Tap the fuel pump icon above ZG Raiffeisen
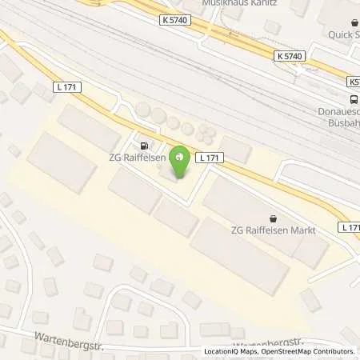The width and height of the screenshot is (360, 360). click(x=144, y=146)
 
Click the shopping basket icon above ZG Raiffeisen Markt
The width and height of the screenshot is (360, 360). click(x=274, y=218)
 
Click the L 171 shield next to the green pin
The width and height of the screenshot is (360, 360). click(x=208, y=157)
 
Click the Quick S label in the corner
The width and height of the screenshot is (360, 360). click(x=344, y=34)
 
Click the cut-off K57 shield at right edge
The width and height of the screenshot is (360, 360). click(x=353, y=82)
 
